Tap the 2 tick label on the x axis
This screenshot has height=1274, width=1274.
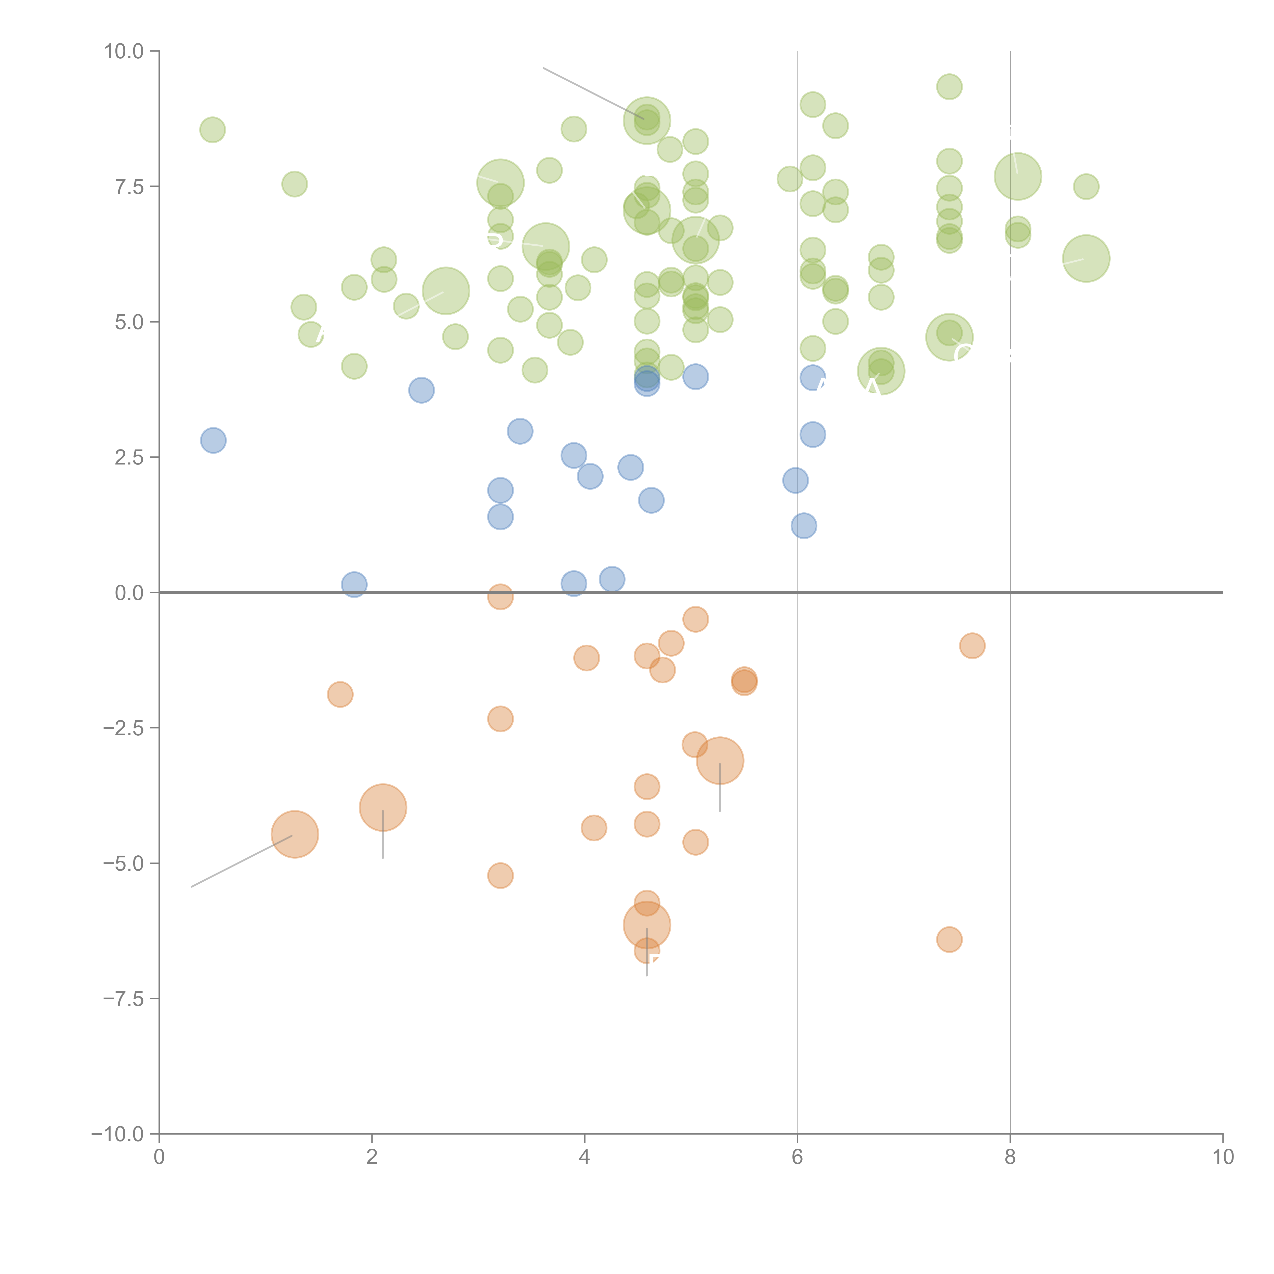pos(372,1157)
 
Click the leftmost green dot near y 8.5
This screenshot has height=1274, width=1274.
pos(212,130)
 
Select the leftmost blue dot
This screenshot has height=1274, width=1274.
pos(213,440)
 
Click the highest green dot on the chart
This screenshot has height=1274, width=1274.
pos(949,86)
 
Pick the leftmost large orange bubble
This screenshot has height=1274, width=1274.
pos(295,834)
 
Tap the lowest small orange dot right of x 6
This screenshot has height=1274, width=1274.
pos(949,939)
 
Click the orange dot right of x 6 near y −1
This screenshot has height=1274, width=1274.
pos(972,646)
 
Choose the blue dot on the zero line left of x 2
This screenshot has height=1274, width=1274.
pos(354,584)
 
